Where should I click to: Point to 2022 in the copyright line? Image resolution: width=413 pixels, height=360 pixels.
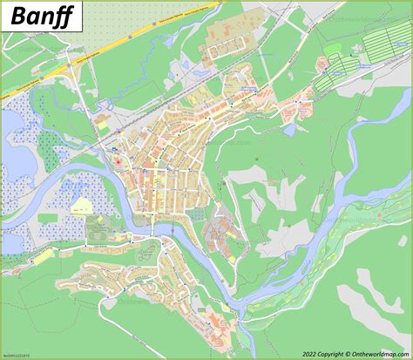[x=311, y=354]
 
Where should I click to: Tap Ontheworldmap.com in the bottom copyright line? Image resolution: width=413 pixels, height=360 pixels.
[x=380, y=354]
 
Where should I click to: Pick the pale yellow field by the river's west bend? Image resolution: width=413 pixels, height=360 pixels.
[x=83, y=206]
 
